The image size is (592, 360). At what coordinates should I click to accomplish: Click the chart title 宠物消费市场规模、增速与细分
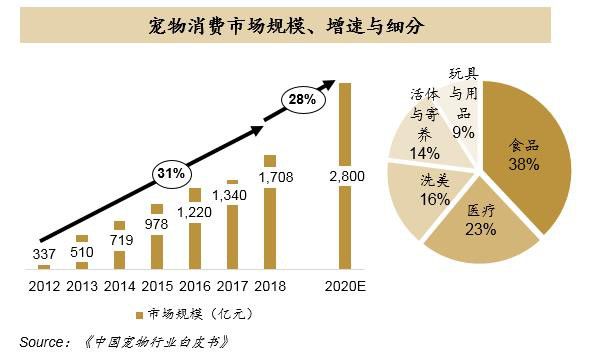pyautogui.click(x=296, y=25)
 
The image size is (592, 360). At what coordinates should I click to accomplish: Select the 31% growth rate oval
pyautogui.click(x=171, y=173)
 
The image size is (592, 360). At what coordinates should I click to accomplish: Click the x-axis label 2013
pyautogui.click(x=80, y=285)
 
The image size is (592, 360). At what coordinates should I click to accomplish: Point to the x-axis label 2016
pyautogui.click(x=193, y=285)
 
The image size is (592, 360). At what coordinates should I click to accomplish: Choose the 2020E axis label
pyautogui.click(x=346, y=285)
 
